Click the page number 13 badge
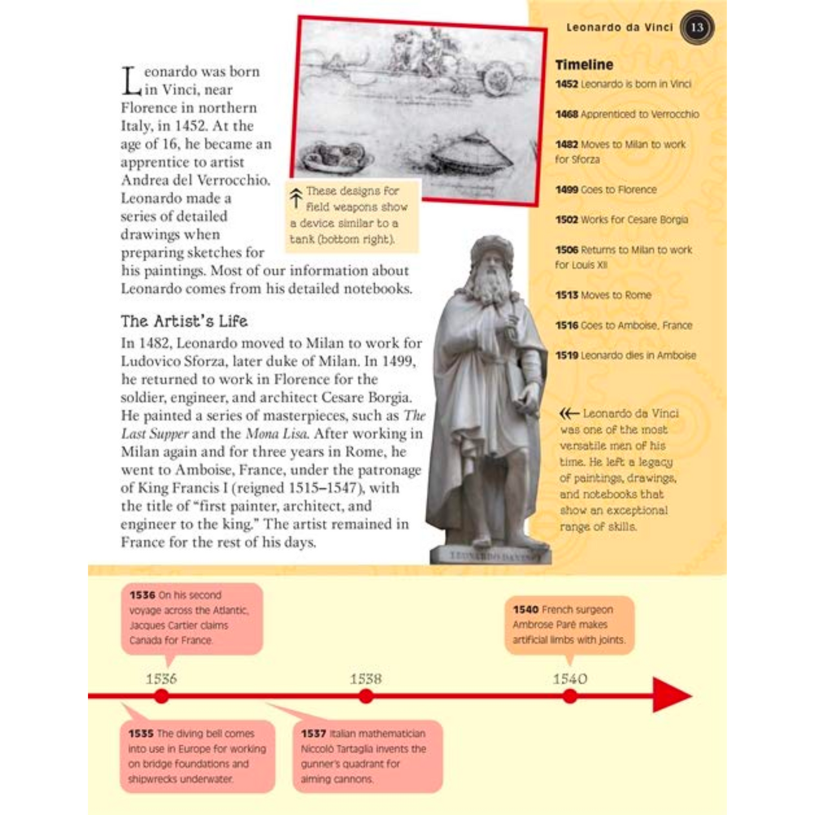[x=697, y=27]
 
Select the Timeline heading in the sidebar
[x=584, y=65]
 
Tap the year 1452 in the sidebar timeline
[x=566, y=84]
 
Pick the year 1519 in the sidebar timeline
[x=566, y=355]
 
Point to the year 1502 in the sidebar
[x=566, y=219]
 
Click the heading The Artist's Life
[x=184, y=321]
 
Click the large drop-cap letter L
[x=131, y=81]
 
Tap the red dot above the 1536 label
[x=162, y=696]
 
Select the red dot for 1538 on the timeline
[x=366, y=696]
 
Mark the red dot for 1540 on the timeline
[x=570, y=696]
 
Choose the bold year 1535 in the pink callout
[x=141, y=734]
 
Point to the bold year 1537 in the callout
[x=313, y=734]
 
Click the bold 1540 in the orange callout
[x=525, y=610]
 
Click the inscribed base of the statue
[x=490, y=556]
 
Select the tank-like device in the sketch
[x=471, y=149]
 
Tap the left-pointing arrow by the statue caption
[x=569, y=413]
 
